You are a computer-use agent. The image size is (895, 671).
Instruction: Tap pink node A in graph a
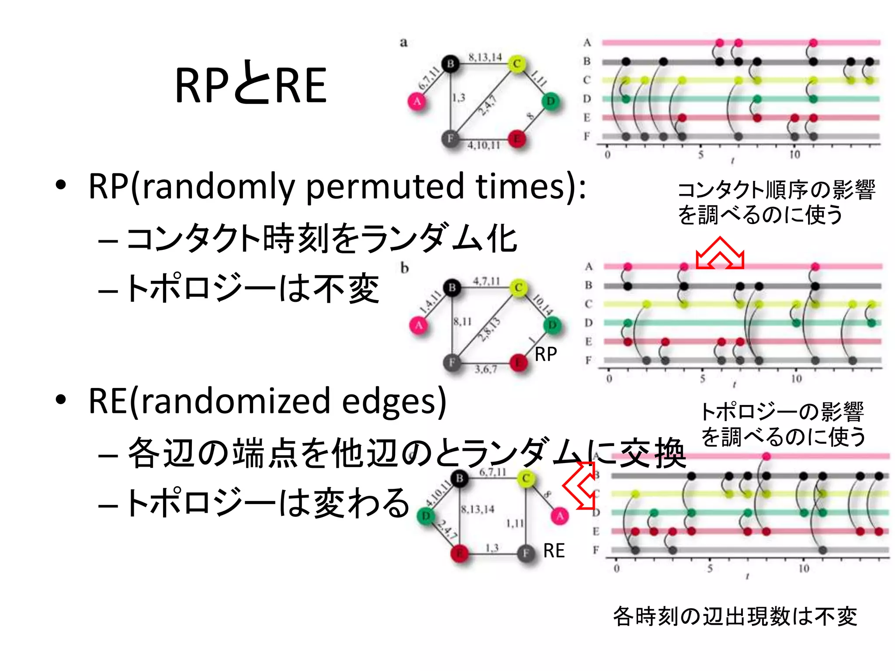click(417, 102)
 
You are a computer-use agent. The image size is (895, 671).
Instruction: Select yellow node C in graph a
click(517, 64)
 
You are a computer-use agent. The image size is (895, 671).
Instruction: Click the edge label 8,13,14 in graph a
click(485, 57)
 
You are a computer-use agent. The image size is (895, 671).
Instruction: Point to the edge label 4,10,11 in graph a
click(483, 145)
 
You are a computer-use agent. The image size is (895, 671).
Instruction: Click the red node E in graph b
click(518, 362)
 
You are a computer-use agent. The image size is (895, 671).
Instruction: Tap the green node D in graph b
click(552, 325)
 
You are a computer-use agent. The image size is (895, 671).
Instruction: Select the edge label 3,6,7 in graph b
click(486, 370)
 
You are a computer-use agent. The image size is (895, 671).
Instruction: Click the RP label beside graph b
click(545, 354)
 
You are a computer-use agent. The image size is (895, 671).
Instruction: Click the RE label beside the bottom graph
click(554, 550)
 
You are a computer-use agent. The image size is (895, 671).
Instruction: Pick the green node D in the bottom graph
click(426, 516)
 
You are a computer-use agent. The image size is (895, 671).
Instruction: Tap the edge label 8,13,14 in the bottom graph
click(477, 509)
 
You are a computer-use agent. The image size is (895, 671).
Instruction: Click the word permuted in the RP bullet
click(385, 187)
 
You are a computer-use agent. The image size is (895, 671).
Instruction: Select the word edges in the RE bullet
click(388, 402)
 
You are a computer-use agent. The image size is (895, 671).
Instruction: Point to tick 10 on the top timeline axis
click(794, 154)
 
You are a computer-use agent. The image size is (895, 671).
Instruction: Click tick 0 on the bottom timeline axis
click(616, 568)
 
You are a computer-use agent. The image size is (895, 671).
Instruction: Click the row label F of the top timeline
click(586, 136)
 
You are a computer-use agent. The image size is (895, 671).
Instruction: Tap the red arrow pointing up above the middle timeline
click(720, 253)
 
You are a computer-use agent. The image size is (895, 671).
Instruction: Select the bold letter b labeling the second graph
click(405, 267)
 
